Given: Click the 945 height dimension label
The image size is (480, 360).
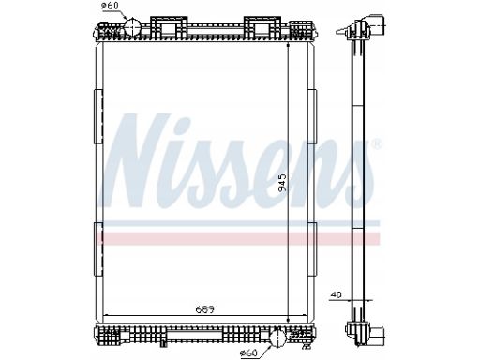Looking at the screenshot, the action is tap(282, 182).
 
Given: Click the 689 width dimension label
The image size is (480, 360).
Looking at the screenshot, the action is tap(204, 309).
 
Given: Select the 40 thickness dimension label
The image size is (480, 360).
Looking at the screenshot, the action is tap(337, 294).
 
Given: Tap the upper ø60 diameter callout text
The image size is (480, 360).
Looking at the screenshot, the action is tap(111, 6).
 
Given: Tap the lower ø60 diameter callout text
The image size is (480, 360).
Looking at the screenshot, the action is tap(248, 353).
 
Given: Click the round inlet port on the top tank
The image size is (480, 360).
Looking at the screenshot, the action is tap(133, 26).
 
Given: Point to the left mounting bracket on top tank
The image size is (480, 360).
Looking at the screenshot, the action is tap(169, 27).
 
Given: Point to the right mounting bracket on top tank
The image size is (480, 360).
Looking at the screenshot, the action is tap(262, 27).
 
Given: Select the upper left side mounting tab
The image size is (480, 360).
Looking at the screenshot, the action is tap(98, 116).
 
